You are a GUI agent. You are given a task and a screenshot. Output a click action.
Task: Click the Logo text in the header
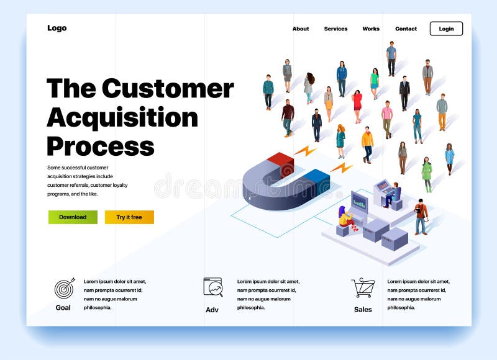coord(57,28)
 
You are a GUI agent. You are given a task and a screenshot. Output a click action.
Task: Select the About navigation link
coord(301,29)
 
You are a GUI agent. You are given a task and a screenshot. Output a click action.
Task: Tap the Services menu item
coord(335,29)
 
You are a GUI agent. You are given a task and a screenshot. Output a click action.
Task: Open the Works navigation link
coord(371,29)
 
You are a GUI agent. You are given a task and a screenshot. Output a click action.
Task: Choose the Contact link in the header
coord(406,29)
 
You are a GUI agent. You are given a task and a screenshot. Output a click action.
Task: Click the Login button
coord(446,29)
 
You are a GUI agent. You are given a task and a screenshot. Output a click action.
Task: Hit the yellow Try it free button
coord(129,217)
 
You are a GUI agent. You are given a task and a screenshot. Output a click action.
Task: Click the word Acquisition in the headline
coord(122,117)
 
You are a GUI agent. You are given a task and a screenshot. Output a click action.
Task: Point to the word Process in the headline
coord(100,146)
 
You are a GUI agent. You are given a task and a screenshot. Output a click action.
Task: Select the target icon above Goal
coord(63,288)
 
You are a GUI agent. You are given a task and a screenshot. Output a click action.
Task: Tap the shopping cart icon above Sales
coord(363,287)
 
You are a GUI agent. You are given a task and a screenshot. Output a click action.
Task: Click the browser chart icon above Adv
coord(213,287)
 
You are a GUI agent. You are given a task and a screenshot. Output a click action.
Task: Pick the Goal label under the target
coord(63,308)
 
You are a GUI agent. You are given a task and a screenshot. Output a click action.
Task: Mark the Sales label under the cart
coord(363,309)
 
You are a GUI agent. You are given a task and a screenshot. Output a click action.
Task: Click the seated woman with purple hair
coord(345,217)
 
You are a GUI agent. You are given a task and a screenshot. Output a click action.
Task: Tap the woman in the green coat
coord(427,173)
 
